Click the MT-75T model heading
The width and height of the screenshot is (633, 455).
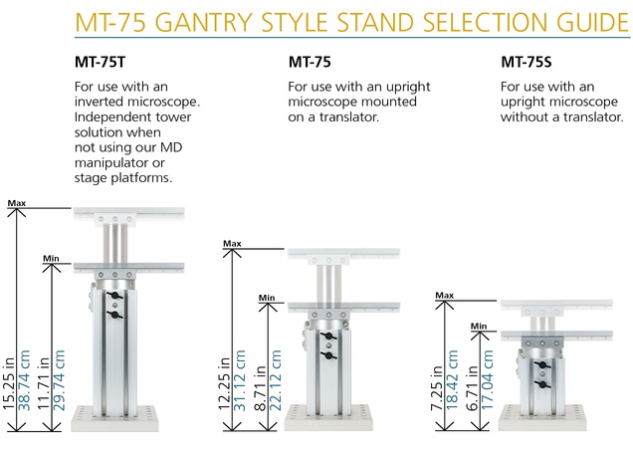pos(101,62)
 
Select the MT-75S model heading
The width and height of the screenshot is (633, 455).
pos(527,62)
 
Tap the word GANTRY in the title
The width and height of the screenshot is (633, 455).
pos(203,22)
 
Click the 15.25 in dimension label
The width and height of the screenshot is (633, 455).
pos(9,383)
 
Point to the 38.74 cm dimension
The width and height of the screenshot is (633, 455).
pos(24,380)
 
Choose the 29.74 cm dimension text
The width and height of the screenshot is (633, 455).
pos(59,380)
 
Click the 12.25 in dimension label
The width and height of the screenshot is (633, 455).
pos(225,383)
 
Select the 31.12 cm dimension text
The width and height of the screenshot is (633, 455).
pos(240,380)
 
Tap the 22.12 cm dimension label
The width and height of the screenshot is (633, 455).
pos(275,380)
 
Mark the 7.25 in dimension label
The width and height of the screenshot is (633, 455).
pos(437,388)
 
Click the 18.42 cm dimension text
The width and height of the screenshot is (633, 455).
pos(452,380)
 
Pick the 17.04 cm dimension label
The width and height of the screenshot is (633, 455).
pos(487,380)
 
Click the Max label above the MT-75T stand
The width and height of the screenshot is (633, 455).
pos(17,203)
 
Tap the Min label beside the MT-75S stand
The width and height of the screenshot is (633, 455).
pos(479,326)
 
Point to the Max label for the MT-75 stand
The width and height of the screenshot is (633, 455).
pos(232,244)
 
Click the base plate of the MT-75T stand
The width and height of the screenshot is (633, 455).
pos(114,419)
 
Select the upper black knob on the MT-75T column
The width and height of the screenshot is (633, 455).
pos(115,296)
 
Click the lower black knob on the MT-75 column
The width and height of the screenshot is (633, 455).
pos(328,355)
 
